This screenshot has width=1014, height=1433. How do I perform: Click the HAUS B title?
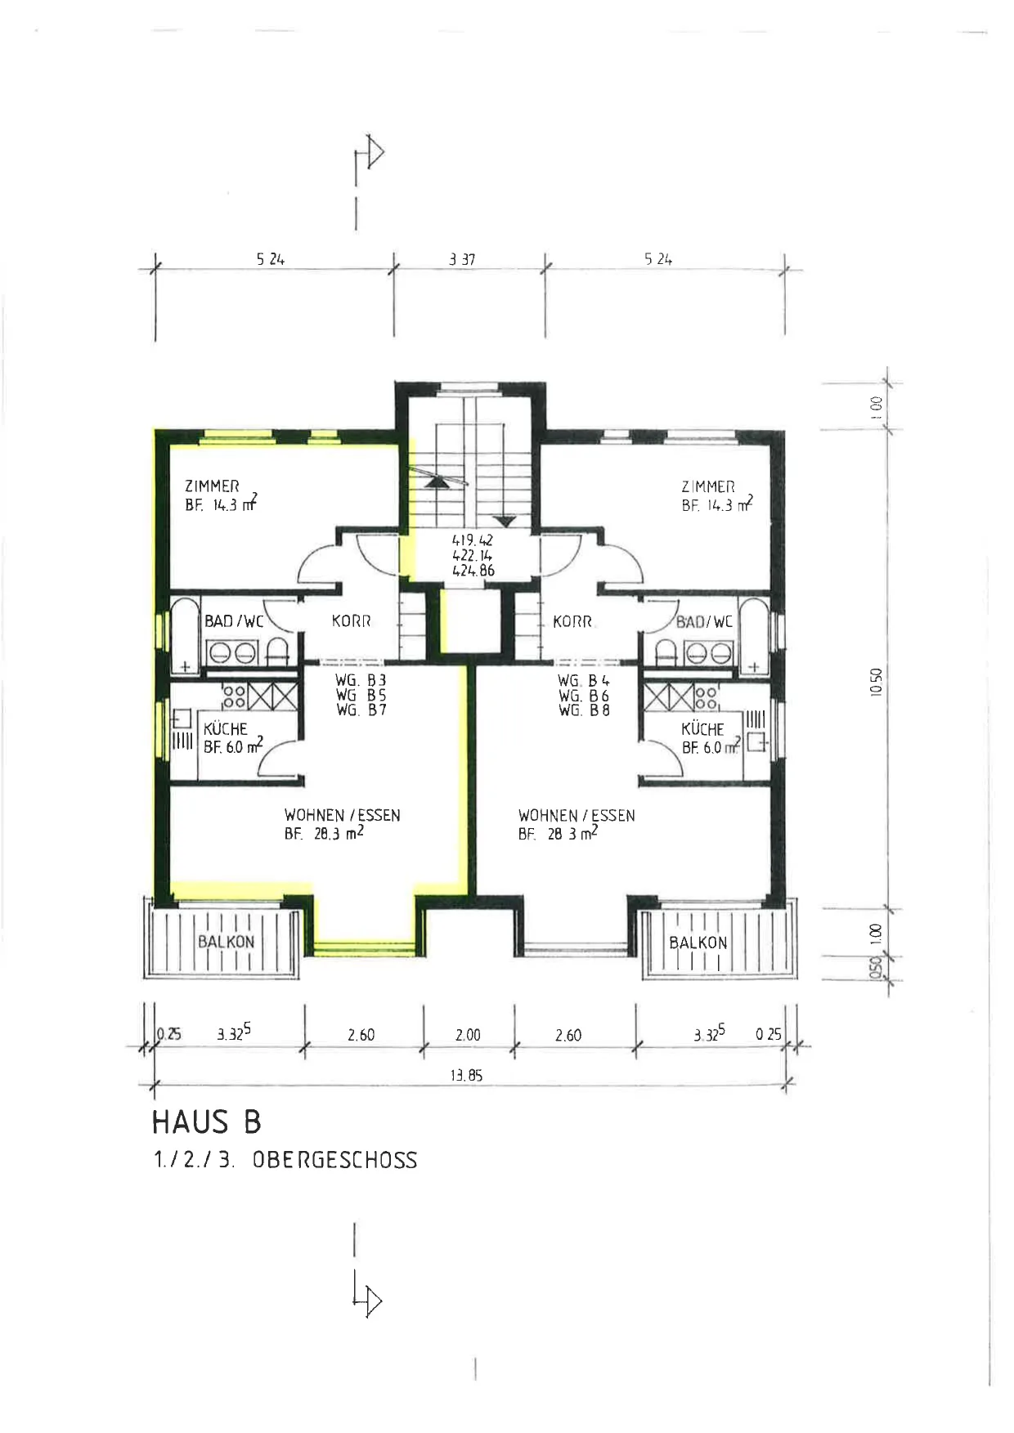pyautogui.click(x=207, y=1122)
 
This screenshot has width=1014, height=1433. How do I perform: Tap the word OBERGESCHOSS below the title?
pyautogui.click(x=334, y=1160)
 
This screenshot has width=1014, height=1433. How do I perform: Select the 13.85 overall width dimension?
pyautogui.click(x=466, y=1076)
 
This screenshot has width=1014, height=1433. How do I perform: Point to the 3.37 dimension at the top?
pyautogui.click(x=462, y=260)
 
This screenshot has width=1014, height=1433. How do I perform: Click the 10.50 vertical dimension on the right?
pyautogui.click(x=877, y=681)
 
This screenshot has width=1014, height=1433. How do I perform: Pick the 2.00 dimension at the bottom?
pyautogui.click(x=468, y=1035)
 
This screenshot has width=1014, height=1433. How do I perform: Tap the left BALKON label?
pyautogui.click(x=227, y=942)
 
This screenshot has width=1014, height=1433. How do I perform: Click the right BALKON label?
pyautogui.click(x=698, y=943)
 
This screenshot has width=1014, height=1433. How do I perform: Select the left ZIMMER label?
pyautogui.click(x=212, y=486)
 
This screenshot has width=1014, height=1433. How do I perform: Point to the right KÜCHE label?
pyautogui.click(x=702, y=728)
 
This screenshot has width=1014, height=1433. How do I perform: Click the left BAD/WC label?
pyautogui.click(x=234, y=621)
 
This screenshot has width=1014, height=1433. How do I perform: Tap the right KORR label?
pyautogui.click(x=572, y=621)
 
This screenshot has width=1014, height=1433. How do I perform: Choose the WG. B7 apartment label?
pyautogui.click(x=361, y=710)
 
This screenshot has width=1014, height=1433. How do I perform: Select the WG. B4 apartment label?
pyautogui.click(x=584, y=680)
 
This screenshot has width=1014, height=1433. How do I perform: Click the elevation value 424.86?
pyautogui.click(x=473, y=571)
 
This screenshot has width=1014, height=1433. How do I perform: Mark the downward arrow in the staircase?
pyautogui.click(x=505, y=499)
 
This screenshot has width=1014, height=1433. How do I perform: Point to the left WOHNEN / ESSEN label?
pyautogui.click(x=343, y=815)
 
